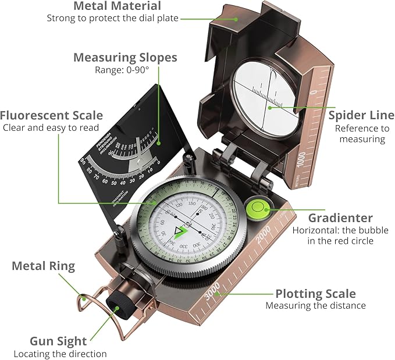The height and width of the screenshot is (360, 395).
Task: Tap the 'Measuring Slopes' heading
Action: (125, 58)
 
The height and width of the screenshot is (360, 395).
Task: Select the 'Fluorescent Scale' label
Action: (52, 115)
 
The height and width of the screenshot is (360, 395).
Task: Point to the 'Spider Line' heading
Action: (357, 115)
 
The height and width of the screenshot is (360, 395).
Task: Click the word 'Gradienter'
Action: (340, 218)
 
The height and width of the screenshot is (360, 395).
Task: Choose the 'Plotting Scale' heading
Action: (315, 293)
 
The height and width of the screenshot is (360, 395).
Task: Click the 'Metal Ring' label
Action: (44, 266)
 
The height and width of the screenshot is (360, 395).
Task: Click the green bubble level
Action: (256, 208)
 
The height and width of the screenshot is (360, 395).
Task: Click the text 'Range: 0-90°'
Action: (122, 70)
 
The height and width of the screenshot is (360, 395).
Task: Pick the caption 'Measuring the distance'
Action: (315, 305)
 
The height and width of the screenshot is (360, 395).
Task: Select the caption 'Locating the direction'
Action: (60, 354)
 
